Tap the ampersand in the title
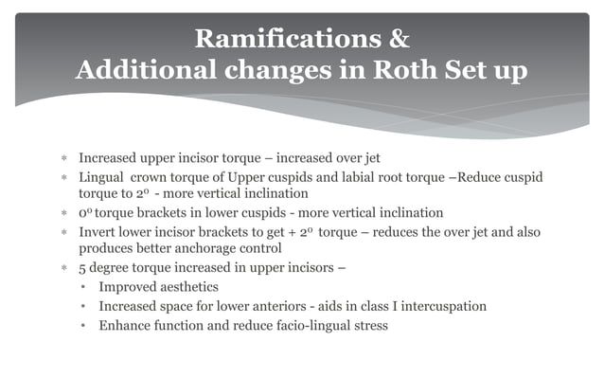pos(399,40)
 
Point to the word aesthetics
pos(188,286)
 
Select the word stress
pos(365,326)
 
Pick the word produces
pos(107,248)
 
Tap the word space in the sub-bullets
pos(185,306)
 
